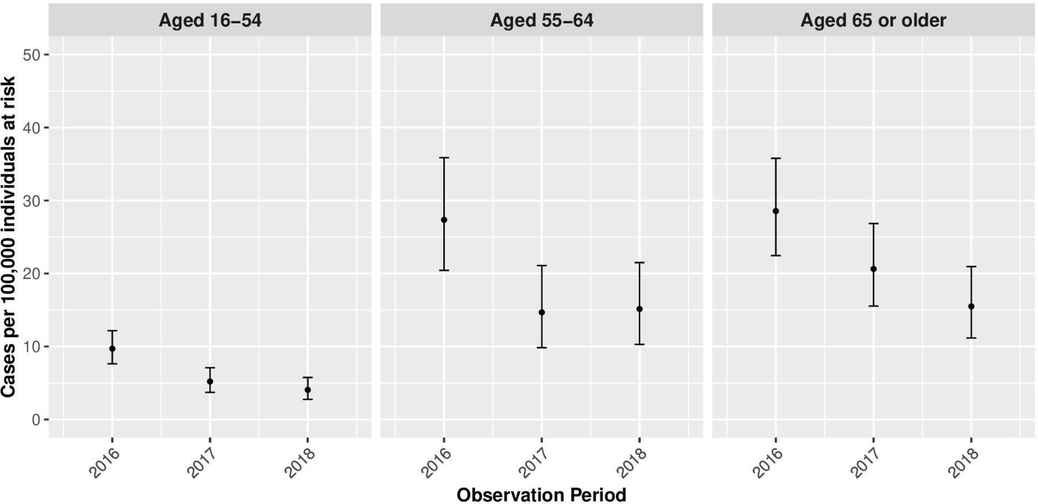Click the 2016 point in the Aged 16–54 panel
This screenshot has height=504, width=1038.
[x=112, y=349]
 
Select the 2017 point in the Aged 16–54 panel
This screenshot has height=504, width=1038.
[x=210, y=382]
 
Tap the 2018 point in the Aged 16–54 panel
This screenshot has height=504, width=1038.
[x=308, y=390]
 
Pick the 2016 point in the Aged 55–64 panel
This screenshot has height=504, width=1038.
[x=444, y=220]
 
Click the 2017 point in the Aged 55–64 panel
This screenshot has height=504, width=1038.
[x=541, y=313]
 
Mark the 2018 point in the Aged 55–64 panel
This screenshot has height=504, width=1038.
[x=640, y=309]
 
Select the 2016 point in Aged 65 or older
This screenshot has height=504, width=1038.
[x=776, y=211]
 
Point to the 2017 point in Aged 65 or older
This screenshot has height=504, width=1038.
[x=874, y=269]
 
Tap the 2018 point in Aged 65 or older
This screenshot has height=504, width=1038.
[x=971, y=307]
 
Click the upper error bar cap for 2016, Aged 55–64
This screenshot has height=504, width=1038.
[x=444, y=158]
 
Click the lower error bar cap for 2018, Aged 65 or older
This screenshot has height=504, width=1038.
[x=971, y=338]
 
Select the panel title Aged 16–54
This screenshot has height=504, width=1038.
[x=210, y=21]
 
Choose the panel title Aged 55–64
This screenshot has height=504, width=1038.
[x=541, y=21]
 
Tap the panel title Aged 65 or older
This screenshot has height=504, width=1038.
[x=873, y=21]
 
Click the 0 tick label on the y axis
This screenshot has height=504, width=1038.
[x=36, y=420]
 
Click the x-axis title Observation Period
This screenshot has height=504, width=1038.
[x=541, y=495]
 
